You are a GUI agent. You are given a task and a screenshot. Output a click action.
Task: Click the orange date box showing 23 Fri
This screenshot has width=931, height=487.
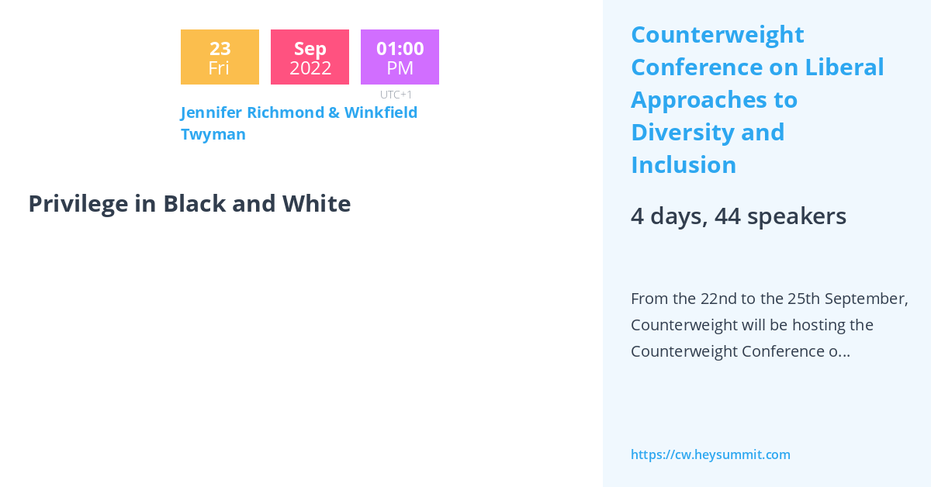pos(220,57)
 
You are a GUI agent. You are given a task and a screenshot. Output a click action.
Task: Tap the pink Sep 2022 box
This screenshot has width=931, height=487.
pos(310,57)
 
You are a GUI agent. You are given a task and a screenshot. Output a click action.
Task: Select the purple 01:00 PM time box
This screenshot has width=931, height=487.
pos(400,57)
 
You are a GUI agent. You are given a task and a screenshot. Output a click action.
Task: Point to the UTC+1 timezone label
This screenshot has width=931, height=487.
pos(396,95)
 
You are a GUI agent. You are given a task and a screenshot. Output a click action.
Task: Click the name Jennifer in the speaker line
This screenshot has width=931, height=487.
pos(212,112)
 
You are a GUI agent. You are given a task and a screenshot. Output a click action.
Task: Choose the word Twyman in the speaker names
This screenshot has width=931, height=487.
pos(213,134)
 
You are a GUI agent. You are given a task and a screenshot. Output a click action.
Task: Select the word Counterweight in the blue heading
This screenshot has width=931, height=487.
pos(717,35)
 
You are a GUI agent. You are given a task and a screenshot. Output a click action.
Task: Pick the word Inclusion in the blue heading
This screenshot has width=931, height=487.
pos(684,165)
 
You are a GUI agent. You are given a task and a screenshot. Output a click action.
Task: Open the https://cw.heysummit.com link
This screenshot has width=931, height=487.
pos(710,454)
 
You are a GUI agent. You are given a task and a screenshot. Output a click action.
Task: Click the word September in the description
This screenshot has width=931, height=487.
pos(865,299)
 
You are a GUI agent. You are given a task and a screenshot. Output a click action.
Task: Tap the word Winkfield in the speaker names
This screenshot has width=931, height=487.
pos(380,112)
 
